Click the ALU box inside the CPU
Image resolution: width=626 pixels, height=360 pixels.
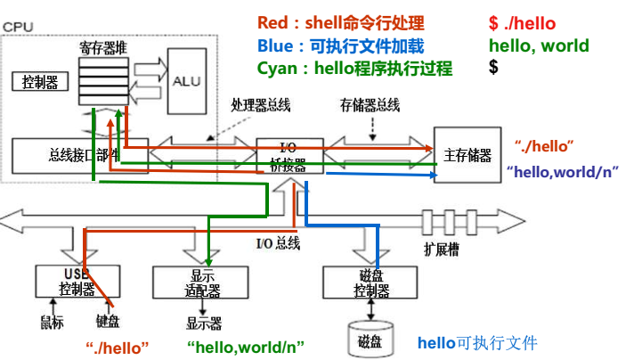coord(187,80)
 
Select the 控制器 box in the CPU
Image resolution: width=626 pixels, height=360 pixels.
coord(40,83)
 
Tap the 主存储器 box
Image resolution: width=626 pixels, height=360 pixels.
coord(467,154)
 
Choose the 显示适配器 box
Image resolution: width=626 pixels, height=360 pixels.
coord(199,282)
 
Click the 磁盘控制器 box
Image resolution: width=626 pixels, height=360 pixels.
coord(370,282)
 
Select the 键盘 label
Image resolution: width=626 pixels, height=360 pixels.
coord(108,322)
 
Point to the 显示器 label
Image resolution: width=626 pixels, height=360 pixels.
coord(203,322)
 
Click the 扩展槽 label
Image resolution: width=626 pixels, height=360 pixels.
coord(443,248)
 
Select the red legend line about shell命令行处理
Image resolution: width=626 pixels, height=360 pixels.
coord(340,23)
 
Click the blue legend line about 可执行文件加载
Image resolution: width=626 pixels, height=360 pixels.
coord(340,45)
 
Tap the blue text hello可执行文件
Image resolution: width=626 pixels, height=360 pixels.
coord(477,342)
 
